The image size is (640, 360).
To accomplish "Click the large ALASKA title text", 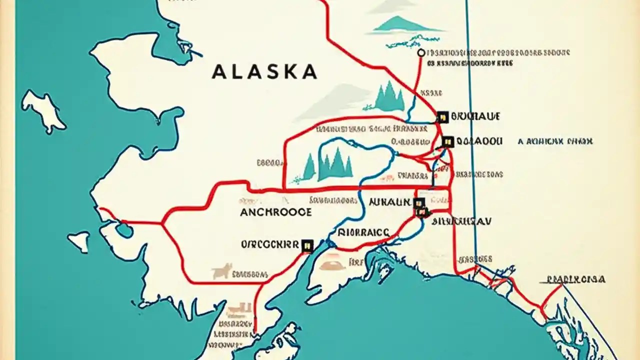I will coord(264,71).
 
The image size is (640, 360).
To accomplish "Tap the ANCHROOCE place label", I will coord(275,212).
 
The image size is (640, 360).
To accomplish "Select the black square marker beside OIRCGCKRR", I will coord(307,244).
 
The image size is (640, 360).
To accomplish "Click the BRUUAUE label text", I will coord(475,116).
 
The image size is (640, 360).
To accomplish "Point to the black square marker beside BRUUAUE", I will coord(442,117).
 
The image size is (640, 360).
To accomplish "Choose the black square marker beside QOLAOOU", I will coord(447,141).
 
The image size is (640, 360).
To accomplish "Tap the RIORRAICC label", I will coord(363,232).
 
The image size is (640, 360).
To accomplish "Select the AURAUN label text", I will coord(389,202).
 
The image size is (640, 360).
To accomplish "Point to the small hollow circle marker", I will coord(420,52).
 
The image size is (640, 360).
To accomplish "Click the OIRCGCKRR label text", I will coord(269,244).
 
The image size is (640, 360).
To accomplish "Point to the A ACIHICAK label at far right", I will coord(555,141).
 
